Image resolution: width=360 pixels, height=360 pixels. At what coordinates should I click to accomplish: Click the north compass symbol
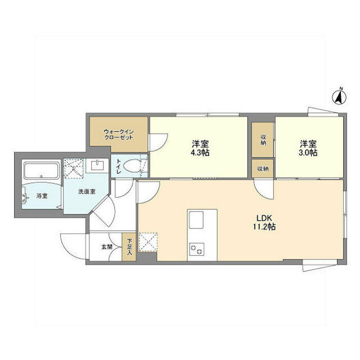(340, 97)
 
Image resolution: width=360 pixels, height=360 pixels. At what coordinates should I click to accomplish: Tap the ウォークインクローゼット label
(119, 135)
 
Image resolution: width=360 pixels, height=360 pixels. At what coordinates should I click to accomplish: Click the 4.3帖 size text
(200, 152)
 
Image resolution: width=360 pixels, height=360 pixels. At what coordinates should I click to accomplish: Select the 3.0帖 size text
(308, 152)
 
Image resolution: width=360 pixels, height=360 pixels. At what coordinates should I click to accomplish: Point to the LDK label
(264, 218)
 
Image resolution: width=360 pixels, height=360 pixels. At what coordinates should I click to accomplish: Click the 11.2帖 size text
(264, 227)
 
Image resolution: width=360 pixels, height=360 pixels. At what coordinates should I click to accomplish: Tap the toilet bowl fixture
(132, 166)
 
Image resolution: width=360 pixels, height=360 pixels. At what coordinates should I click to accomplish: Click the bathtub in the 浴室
(41, 170)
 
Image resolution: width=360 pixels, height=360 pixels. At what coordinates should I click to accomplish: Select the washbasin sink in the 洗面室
(97, 166)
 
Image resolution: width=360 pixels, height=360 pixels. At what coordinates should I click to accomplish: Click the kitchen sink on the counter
(196, 220)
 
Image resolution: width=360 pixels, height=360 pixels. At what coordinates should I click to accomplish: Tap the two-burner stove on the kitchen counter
(196, 249)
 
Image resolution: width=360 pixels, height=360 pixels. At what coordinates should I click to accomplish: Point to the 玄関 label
(107, 247)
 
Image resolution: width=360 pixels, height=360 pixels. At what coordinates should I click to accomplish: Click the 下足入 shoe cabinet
(129, 247)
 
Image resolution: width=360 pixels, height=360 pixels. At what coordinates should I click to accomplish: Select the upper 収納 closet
(263, 139)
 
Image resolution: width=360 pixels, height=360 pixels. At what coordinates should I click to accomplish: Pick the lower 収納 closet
(263, 169)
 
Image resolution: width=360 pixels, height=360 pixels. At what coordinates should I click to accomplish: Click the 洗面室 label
(87, 191)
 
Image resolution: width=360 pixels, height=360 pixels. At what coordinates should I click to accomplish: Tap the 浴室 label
(42, 196)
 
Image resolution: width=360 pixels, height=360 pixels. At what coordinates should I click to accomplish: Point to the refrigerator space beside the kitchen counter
(148, 242)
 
